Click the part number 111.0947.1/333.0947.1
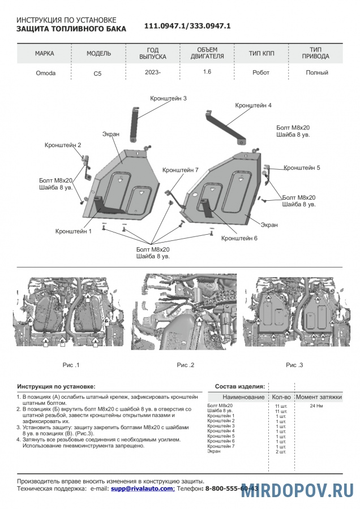187,27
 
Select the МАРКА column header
45,54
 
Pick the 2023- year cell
153,72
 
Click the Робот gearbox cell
262,72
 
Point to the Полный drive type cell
317,72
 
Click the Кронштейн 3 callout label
168,98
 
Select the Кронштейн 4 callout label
253,105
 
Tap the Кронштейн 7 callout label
180,170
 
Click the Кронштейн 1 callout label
74,231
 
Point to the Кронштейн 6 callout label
239,238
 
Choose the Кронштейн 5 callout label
302,167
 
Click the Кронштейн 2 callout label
63,145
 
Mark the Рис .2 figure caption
185,365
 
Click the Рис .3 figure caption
294,365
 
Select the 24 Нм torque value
316,406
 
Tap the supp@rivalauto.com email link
142,488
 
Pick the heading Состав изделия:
240,386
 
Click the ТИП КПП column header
262,54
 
